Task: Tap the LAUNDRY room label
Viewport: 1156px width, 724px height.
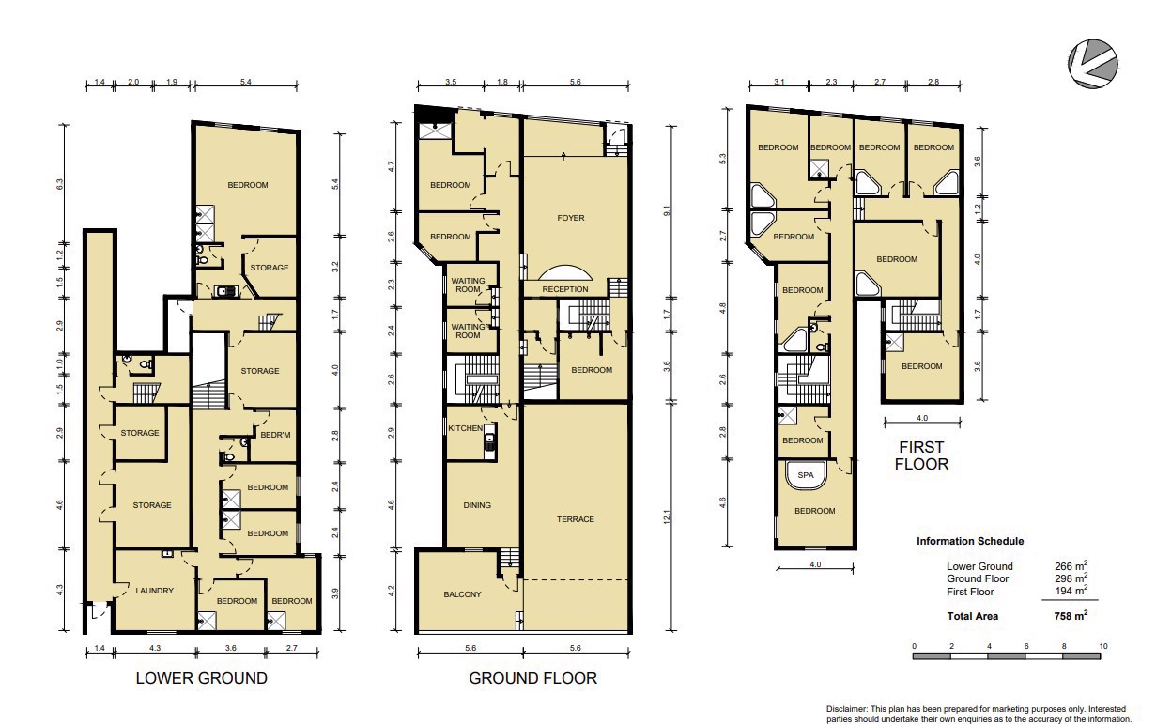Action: click(x=154, y=591)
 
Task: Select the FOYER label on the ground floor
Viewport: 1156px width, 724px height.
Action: click(x=571, y=218)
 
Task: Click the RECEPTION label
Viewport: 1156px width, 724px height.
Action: click(x=565, y=289)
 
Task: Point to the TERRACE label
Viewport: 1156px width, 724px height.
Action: click(x=576, y=519)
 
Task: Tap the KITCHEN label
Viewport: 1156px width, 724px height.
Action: click(x=466, y=428)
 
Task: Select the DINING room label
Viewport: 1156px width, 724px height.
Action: click(x=477, y=505)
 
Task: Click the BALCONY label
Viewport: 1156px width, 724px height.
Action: click(x=462, y=594)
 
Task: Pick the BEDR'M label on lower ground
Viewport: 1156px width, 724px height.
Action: click(x=275, y=435)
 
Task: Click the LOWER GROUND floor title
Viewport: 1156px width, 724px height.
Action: click(x=201, y=678)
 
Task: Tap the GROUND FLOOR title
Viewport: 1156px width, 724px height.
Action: click(x=532, y=678)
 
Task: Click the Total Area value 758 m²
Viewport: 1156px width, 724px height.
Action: click(x=1071, y=615)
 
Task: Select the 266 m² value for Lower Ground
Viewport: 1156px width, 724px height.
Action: click(x=1071, y=565)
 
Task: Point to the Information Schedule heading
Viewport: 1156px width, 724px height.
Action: click(x=970, y=541)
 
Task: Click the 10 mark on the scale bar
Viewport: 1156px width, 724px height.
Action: click(x=1103, y=646)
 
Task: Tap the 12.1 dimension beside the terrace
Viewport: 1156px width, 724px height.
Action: click(x=666, y=516)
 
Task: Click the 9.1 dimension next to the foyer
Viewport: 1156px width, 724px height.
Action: click(x=666, y=210)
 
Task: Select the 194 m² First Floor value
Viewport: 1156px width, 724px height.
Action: click(x=1071, y=591)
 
